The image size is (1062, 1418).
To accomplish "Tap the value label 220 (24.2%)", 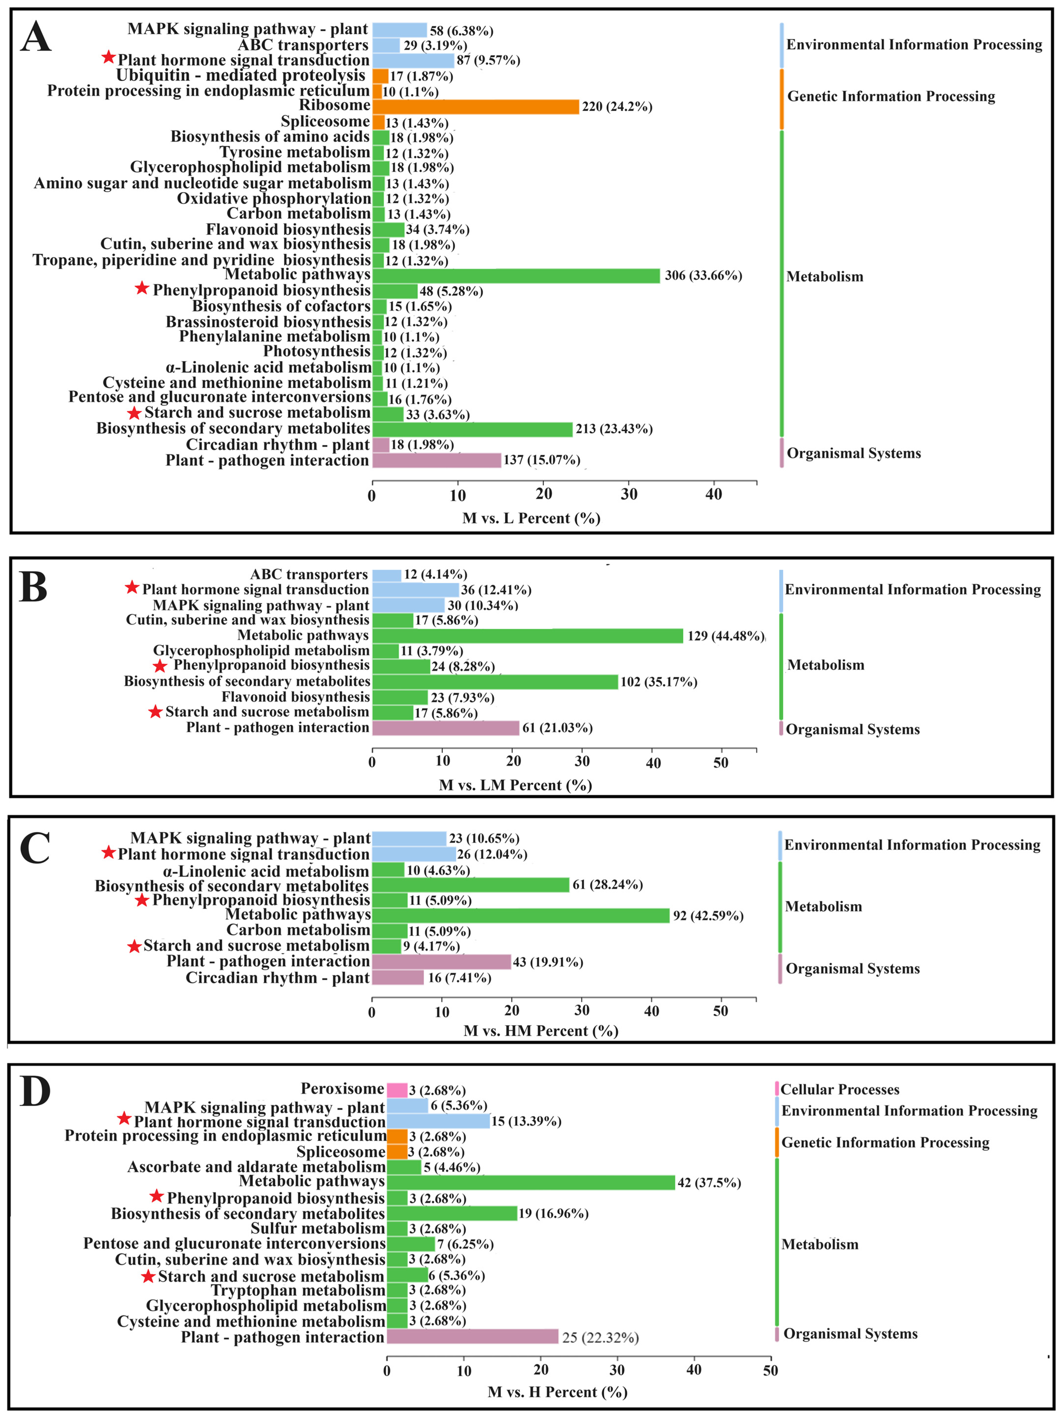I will [x=617, y=107].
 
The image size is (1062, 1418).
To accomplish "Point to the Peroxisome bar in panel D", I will [x=397, y=1090].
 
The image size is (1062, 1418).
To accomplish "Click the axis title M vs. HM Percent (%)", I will [x=541, y=1031].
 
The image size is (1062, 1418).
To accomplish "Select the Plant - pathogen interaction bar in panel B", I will [x=446, y=728].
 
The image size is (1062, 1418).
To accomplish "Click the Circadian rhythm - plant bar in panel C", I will [x=398, y=978].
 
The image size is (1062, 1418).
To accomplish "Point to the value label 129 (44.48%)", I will [x=725, y=636].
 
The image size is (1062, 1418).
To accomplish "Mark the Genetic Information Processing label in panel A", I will [x=891, y=96].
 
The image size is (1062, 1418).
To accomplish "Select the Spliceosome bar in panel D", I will [x=397, y=1152].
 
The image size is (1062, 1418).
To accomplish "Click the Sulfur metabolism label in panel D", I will [x=317, y=1229].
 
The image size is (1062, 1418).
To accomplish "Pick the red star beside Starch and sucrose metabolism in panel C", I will [x=134, y=946].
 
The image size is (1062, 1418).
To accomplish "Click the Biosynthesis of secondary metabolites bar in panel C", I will [x=470, y=885].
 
